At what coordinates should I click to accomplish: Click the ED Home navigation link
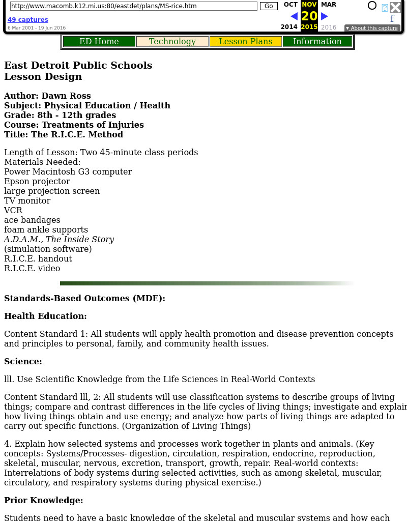tap(99, 42)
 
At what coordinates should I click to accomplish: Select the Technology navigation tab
tap(172, 42)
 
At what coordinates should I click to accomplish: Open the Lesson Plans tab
tap(245, 42)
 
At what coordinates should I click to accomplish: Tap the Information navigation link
tap(317, 42)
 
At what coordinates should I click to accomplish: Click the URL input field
tap(133, 6)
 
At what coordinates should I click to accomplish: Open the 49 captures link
tap(28, 20)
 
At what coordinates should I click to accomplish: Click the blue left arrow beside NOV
tap(294, 16)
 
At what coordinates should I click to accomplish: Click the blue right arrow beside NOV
tap(325, 16)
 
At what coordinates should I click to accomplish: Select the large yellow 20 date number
tap(309, 16)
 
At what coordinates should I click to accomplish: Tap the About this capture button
tap(372, 28)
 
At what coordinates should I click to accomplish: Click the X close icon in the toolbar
tap(395, 7)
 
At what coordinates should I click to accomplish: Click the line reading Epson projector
tap(37, 181)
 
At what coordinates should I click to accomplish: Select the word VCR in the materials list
tap(13, 210)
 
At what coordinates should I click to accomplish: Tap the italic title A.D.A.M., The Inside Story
tap(59, 239)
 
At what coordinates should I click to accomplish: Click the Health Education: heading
tap(45, 316)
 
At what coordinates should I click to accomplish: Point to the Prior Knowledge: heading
tap(44, 500)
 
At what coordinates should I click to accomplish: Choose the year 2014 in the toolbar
tap(289, 27)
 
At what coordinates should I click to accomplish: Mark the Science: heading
tap(23, 361)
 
